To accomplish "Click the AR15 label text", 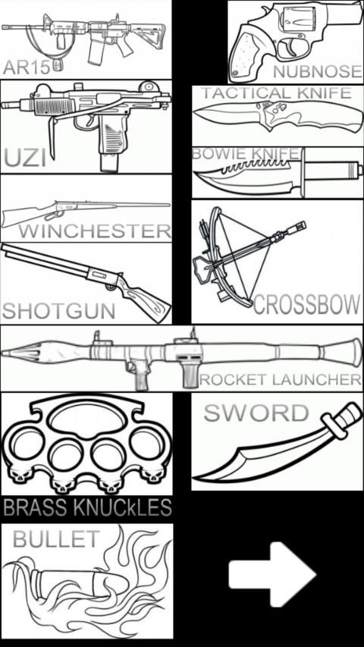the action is click(27, 68).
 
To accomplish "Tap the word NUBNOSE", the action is click(318, 72).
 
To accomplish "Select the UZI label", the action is click(25, 159).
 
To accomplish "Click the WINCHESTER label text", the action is click(95, 231).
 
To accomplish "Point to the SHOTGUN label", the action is click(58, 312).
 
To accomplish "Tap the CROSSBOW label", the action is click(306, 305).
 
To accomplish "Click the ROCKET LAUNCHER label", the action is click(281, 379).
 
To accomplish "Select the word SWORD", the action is click(256, 413).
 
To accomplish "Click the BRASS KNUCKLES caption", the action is click(87, 507).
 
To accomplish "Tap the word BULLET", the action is click(56, 539).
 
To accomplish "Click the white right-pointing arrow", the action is click(272, 574).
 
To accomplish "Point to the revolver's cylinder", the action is click(297, 20).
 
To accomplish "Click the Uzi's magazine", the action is click(109, 145).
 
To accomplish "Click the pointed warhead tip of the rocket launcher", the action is click(2, 353).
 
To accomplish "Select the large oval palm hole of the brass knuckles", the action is click(86, 419).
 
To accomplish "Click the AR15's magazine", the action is click(96, 51).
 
